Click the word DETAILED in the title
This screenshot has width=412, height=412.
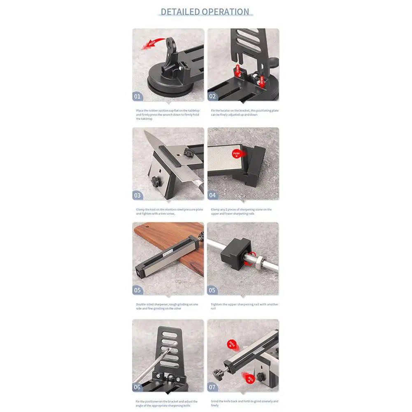click(x=179, y=12)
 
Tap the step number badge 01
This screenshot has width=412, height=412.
click(x=137, y=97)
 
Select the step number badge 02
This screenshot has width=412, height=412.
click(x=212, y=97)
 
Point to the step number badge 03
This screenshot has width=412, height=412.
click(x=137, y=196)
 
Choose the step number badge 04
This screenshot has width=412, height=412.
click(x=212, y=196)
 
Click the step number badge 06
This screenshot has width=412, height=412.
click(x=137, y=387)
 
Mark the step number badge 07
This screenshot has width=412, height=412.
click(x=212, y=387)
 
